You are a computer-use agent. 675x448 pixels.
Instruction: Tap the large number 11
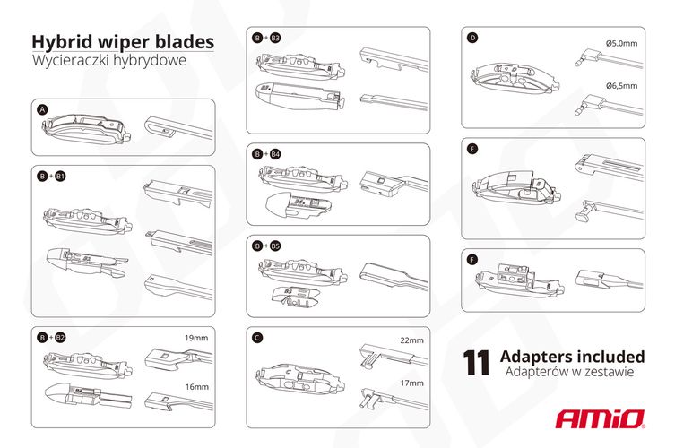(476, 362)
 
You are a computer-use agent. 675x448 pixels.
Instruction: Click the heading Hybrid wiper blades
(123, 42)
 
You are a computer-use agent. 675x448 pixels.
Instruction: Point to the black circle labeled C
(257, 338)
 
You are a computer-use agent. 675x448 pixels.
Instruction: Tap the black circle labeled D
(472, 38)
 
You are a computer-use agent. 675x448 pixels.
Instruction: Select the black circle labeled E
(472, 150)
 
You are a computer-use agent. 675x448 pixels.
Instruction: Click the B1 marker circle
(60, 177)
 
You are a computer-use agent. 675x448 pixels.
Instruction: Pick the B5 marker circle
(275, 245)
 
